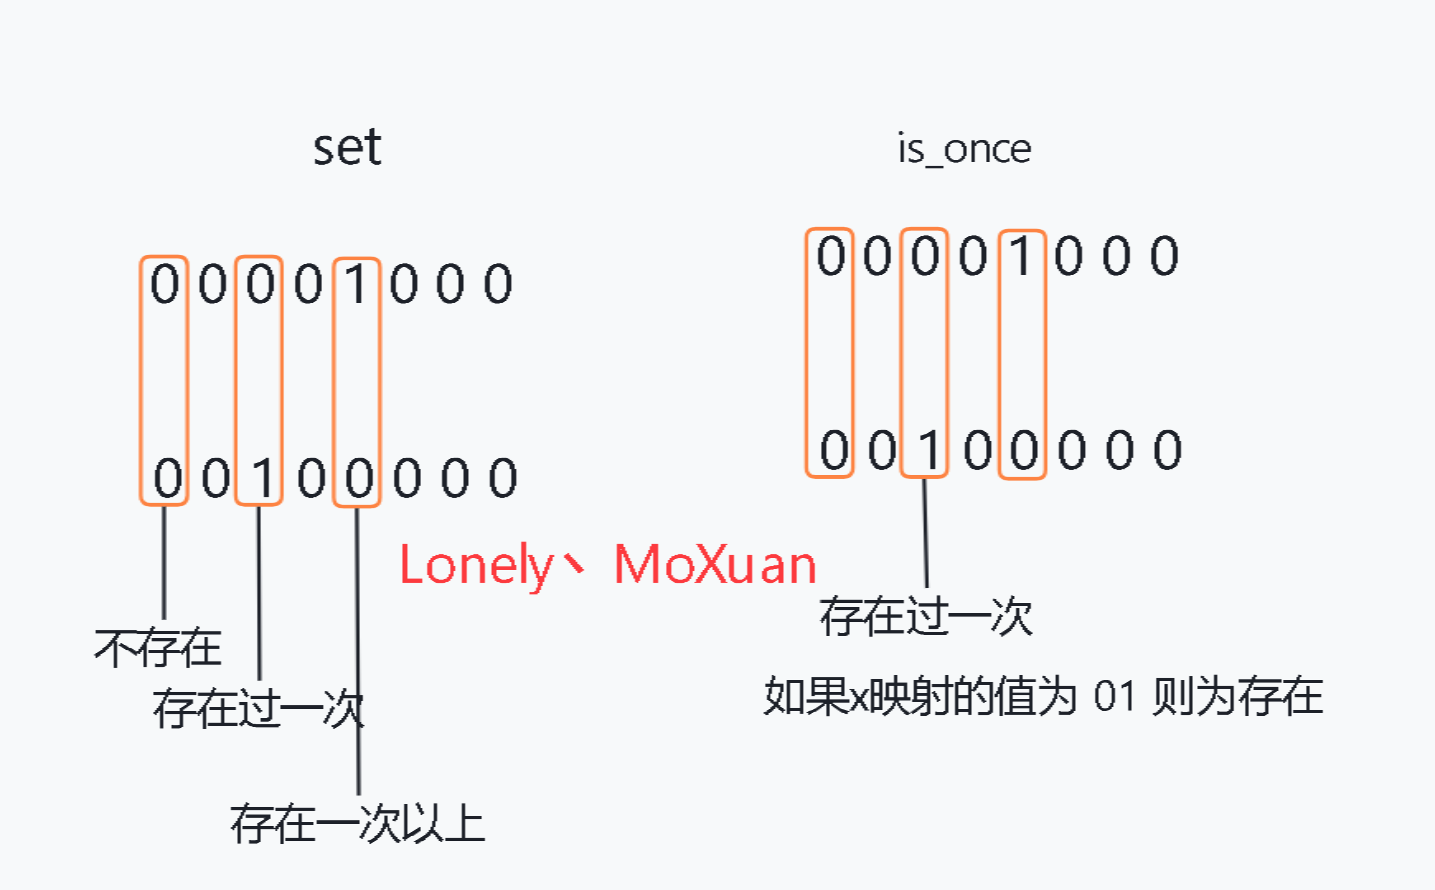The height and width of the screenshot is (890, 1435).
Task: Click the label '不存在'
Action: click(x=158, y=648)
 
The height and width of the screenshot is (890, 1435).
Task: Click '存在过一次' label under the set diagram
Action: click(x=258, y=708)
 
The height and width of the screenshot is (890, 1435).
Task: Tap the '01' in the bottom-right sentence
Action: click(x=1114, y=696)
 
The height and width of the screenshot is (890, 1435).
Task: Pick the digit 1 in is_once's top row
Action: click(x=1022, y=256)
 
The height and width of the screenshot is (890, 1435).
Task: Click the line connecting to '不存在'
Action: click(x=164, y=562)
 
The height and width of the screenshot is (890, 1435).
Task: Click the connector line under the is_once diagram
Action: click(x=925, y=533)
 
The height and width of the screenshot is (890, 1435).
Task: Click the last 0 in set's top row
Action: click(x=498, y=284)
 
